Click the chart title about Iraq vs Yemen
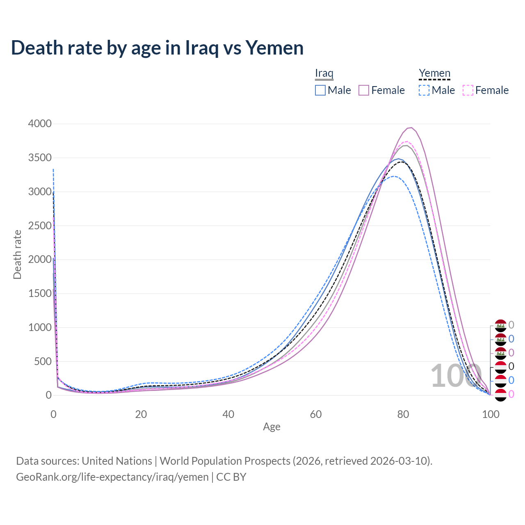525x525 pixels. pos(157,48)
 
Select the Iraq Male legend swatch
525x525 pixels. pos(320,90)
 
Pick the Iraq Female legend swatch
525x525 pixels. pos(364,90)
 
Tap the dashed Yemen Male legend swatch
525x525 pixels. pos(424,90)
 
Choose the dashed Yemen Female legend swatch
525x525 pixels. pos(468,90)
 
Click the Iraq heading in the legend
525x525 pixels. pos(324,73)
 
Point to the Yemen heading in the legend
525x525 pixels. pos(434,73)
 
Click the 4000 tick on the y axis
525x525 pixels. pos(40,124)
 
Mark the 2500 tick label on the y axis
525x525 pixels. pos(40,226)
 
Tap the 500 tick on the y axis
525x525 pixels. pos(43,361)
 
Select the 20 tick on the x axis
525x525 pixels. pos(141,414)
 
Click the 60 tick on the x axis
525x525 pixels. pos(316,414)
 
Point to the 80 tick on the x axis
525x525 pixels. pos(403,414)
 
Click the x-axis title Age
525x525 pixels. pos(272,427)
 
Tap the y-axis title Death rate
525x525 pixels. pos(17,254)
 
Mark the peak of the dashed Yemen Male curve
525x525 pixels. pos(394,176)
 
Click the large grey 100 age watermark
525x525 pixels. pos(455,376)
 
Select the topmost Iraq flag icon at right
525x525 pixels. pos(501,325)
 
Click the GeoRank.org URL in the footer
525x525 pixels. pos(112,477)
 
